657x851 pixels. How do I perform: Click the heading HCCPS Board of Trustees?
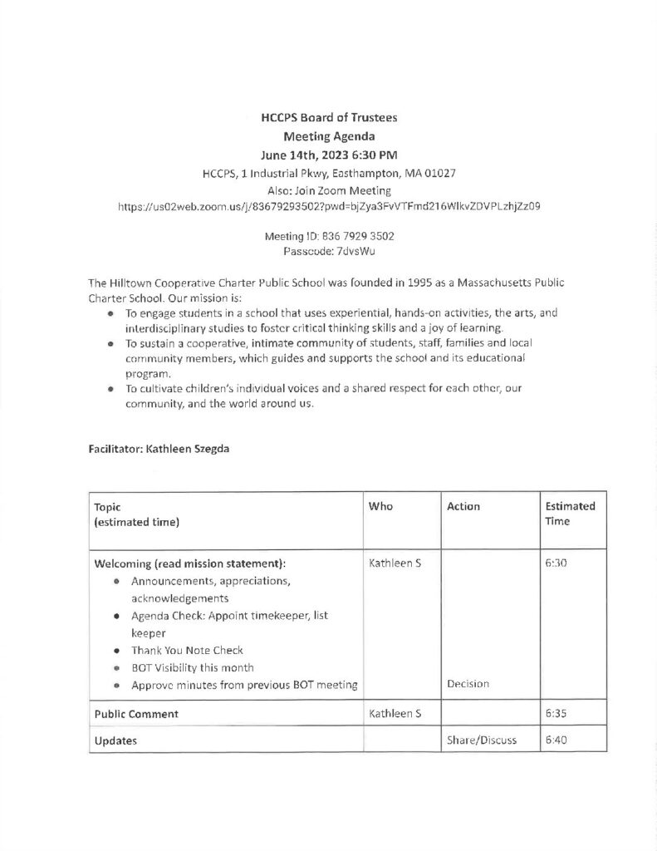(x=328, y=118)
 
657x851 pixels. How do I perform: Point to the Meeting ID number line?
(x=328, y=237)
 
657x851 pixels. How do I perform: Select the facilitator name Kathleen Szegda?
(x=189, y=449)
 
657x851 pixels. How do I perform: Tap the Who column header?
(x=380, y=506)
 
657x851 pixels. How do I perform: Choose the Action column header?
(x=463, y=506)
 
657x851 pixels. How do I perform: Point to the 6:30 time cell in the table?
(x=556, y=563)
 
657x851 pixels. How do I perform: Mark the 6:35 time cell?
(x=556, y=713)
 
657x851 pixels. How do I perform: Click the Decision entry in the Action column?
(x=468, y=685)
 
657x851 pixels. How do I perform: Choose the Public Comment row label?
(x=136, y=713)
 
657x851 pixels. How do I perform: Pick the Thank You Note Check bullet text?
(x=187, y=650)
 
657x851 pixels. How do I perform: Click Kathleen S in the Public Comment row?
(x=395, y=713)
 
